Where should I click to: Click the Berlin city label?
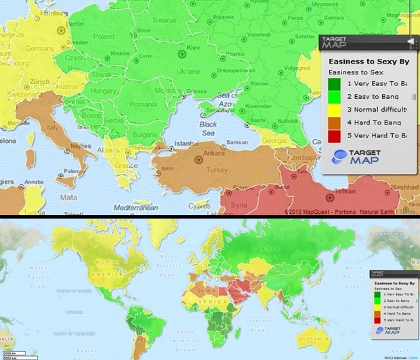coord(75,24)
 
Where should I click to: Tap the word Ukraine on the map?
coord(188,71)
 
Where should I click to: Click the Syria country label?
coord(239,204)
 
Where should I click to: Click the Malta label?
coord(69,197)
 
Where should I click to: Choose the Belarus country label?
coord(164,21)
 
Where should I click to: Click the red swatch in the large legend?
coord(335,136)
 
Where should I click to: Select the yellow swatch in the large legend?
coord(335,110)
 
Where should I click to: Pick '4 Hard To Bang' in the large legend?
coord(374,122)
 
